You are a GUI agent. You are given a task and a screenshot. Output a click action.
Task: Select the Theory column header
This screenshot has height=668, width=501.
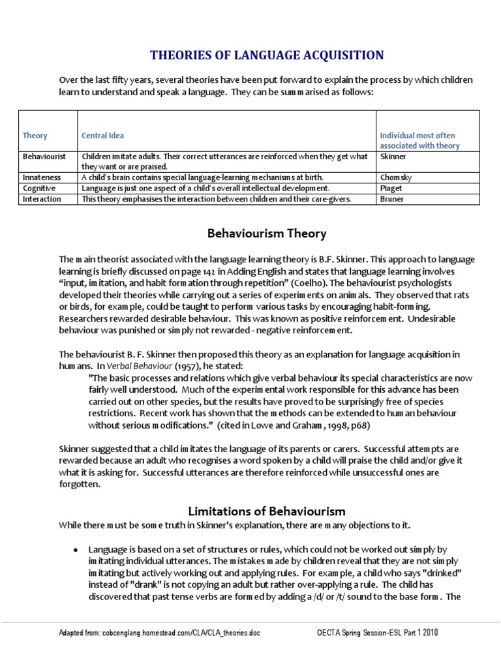point(35,136)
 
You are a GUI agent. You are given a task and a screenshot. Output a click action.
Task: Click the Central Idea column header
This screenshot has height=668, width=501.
point(102,136)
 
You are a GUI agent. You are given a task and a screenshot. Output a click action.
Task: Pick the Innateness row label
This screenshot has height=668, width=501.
point(42,177)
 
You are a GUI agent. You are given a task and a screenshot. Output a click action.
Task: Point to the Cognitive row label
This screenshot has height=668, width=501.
point(39,188)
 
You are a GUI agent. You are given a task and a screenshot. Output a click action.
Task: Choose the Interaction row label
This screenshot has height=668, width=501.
point(42,199)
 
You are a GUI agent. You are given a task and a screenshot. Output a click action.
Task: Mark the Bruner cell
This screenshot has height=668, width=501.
point(391,199)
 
